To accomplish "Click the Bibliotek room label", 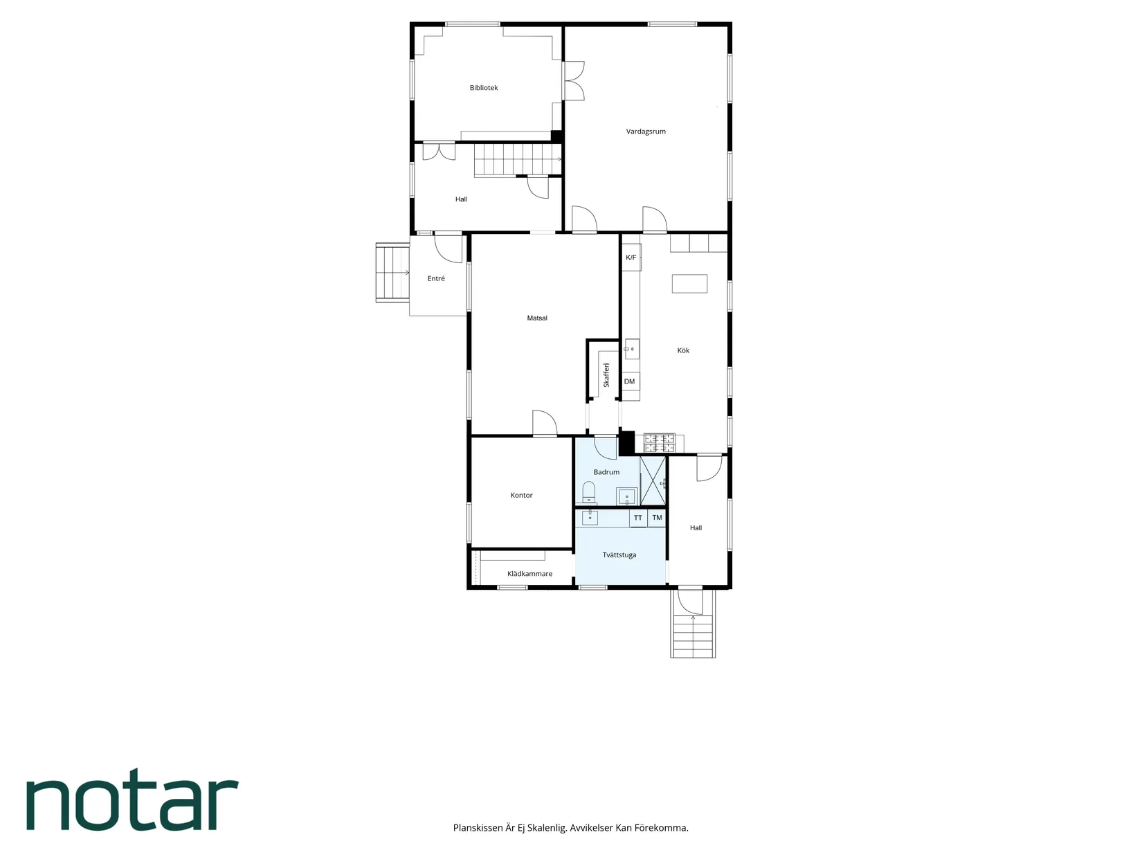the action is click(x=483, y=88).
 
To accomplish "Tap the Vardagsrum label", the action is click(x=645, y=132).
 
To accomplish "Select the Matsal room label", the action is click(x=537, y=318).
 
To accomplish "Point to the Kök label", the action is click(x=682, y=351).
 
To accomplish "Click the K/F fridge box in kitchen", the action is click(x=631, y=258).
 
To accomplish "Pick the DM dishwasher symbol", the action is click(x=630, y=381).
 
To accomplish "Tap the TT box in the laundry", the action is click(x=638, y=518).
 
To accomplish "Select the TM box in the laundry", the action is click(x=657, y=518).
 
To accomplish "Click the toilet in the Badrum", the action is click(x=588, y=491).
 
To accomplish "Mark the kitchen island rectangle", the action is click(x=689, y=284).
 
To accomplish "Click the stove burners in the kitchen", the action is click(x=659, y=443).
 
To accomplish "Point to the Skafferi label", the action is click(x=606, y=375).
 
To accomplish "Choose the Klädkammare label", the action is click(x=529, y=573).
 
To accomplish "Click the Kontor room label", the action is click(x=521, y=496).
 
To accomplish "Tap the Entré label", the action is click(x=436, y=278).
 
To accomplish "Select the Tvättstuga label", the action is click(x=619, y=554).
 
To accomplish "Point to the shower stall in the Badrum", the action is click(x=653, y=481).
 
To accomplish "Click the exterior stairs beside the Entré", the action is click(x=392, y=273).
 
